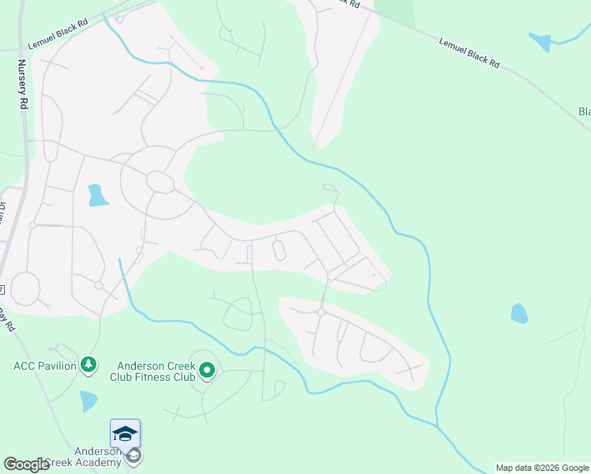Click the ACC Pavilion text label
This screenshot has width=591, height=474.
pyautogui.click(x=45, y=365)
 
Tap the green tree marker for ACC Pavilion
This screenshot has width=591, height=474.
pyautogui.click(x=89, y=365)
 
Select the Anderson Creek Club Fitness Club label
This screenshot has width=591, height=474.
pyautogui.click(x=156, y=371)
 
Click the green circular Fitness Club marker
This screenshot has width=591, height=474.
pyautogui.click(x=207, y=370)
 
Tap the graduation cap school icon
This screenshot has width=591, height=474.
pyautogui.click(x=125, y=433)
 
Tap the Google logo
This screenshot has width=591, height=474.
pyautogui.click(x=26, y=465)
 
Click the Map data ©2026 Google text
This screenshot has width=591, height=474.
pyautogui.click(x=542, y=468)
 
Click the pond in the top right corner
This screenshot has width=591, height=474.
pyautogui.click(x=541, y=42)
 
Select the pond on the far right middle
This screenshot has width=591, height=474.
pyautogui.click(x=518, y=314)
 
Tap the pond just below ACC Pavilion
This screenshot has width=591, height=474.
pyautogui.click(x=88, y=401)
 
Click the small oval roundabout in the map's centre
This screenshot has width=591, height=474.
pyautogui.click(x=278, y=250)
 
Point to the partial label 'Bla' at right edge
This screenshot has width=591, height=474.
pyautogui.click(x=584, y=111)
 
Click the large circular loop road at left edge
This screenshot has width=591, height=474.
pyautogui.click(x=25, y=288)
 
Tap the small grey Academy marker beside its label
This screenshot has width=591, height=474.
pyautogui.click(x=134, y=456)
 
